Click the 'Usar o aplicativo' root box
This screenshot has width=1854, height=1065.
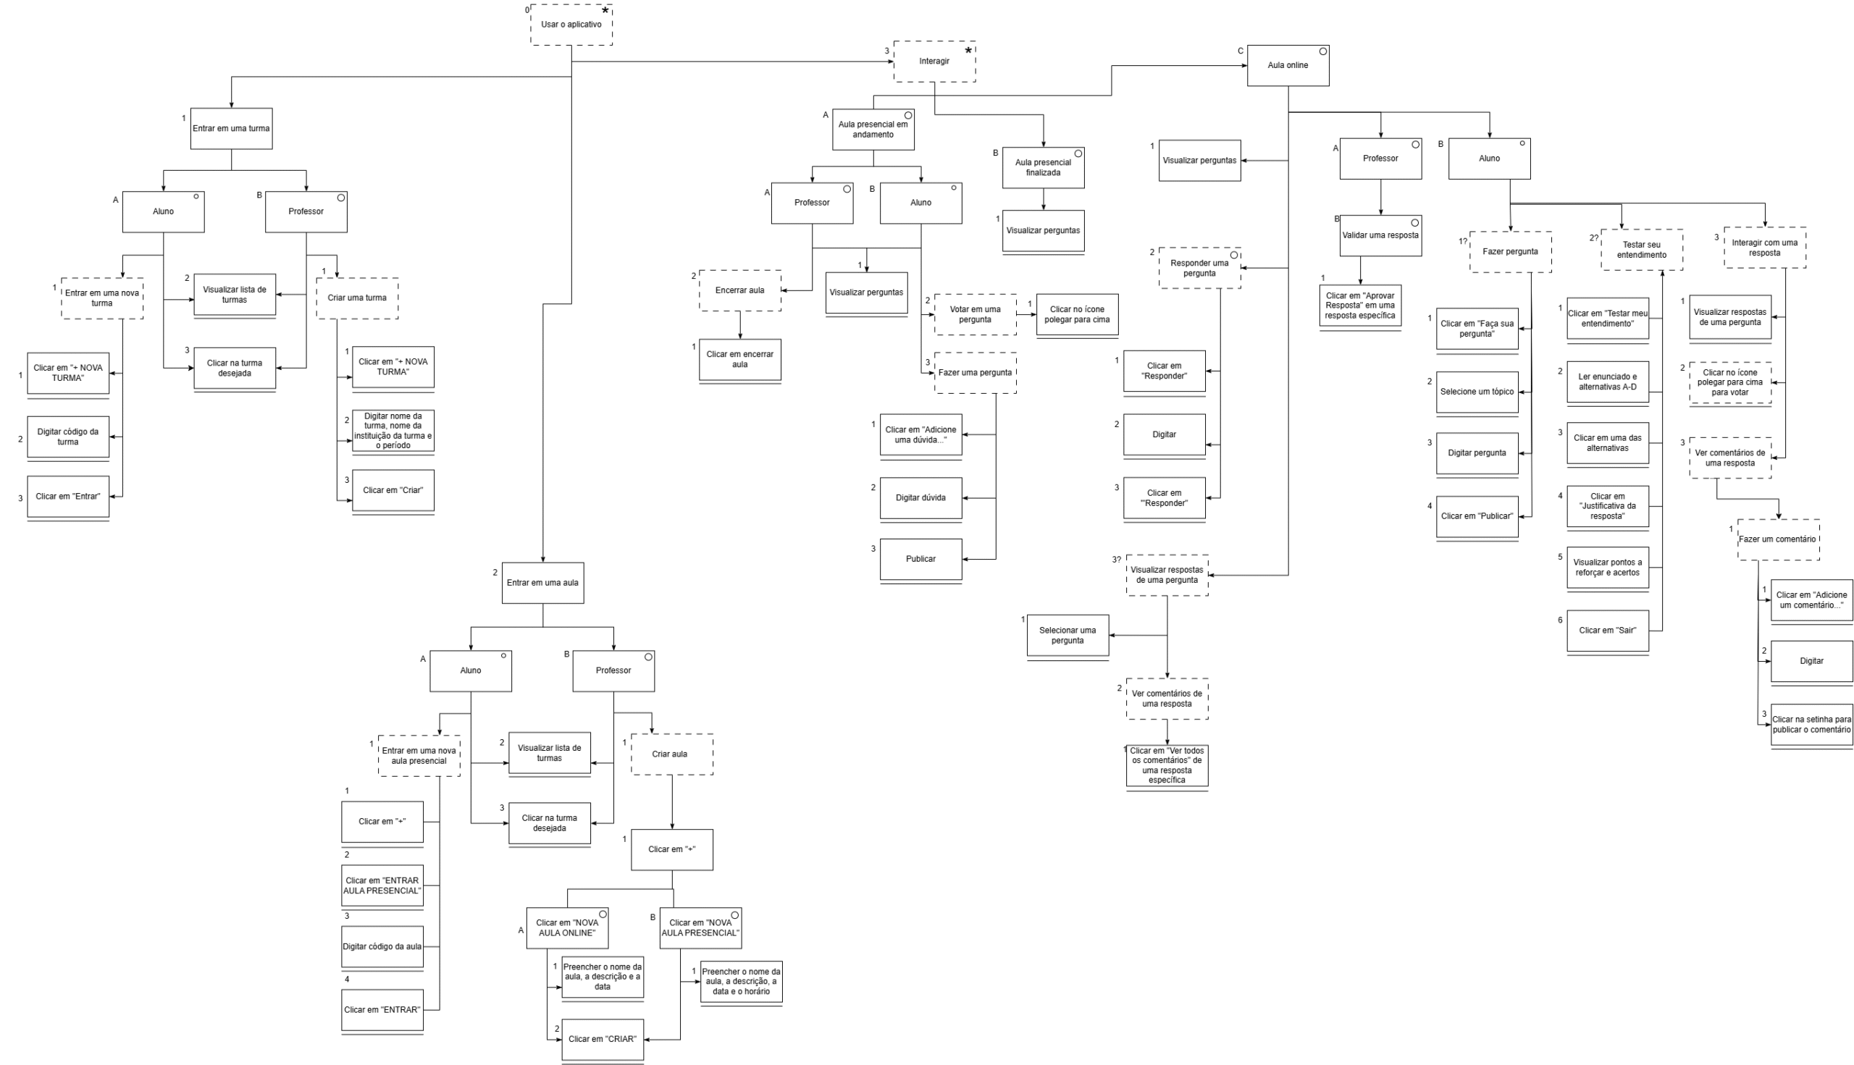tap(571, 25)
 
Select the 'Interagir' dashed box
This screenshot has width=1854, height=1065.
tap(934, 62)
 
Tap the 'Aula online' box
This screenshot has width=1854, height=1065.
tap(1288, 65)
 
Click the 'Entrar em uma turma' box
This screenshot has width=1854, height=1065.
tap(231, 129)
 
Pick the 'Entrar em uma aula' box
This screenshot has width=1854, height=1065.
tap(543, 583)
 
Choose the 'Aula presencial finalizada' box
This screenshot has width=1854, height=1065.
tap(1044, 167)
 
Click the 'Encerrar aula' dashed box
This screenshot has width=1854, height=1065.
tap(739, 290)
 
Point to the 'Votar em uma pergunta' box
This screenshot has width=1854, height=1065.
tap(976, 314)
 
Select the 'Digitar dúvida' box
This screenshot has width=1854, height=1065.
tap(920, 498)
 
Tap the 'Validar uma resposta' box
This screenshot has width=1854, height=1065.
tap(1380, 235)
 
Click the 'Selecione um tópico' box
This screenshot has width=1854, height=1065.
tap(1477, 392)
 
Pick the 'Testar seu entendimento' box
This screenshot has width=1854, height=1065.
tap(1642, 251)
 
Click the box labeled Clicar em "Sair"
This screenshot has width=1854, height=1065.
tap(1608, 631)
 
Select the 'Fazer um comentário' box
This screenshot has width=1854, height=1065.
tap(1778, 540)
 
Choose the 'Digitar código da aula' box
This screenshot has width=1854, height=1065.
tap(382, 946)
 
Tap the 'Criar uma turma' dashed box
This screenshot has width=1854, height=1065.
tap(357, 298)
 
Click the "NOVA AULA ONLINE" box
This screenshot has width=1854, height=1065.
tap(567, 928)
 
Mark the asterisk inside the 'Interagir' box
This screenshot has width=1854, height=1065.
tap(969, 51)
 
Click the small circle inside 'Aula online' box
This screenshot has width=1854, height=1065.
tap(1323, 51)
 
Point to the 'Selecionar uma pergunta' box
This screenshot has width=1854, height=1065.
tap(1067, 635)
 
